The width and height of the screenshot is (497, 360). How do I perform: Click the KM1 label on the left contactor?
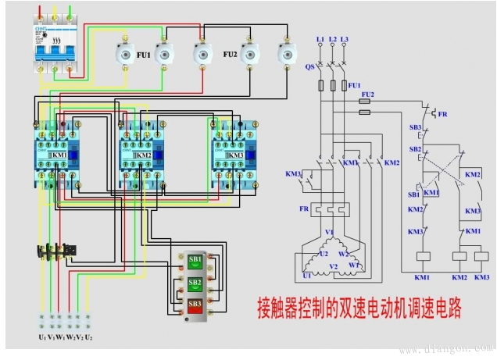[x=59, y=155]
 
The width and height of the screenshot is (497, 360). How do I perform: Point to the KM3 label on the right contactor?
[x=235, y=155]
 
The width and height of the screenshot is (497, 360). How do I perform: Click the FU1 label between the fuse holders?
[x=143, y=55]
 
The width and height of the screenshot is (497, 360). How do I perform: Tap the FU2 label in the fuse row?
[x=230, y=55]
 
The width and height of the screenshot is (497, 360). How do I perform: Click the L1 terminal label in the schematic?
[x=320, y=38]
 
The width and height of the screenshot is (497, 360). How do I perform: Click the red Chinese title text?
[x=359, y=308]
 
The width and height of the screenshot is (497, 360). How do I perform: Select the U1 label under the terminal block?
[x=42, y=337]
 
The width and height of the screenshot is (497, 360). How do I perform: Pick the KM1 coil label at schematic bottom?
[x=423, y=277]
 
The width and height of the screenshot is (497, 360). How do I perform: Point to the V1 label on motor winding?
[x=330, y=232]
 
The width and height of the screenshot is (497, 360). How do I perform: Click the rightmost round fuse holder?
[x=284, y=53]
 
